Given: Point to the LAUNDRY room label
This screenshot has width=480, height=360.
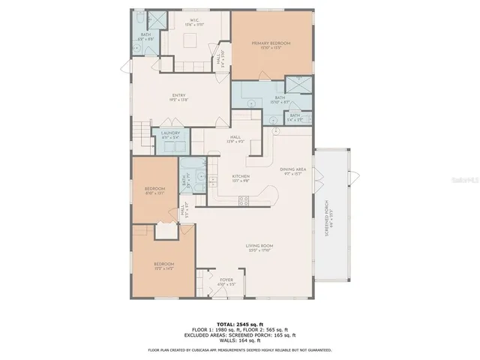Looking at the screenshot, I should (171, 135).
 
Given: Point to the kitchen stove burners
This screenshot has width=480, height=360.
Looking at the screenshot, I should (243, 199).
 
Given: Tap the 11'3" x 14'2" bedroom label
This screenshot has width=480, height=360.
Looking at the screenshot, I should (163, 265).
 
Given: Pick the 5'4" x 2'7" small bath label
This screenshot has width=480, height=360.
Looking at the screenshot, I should (295, 116).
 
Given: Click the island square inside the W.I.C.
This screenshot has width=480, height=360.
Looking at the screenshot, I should (193, 43).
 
